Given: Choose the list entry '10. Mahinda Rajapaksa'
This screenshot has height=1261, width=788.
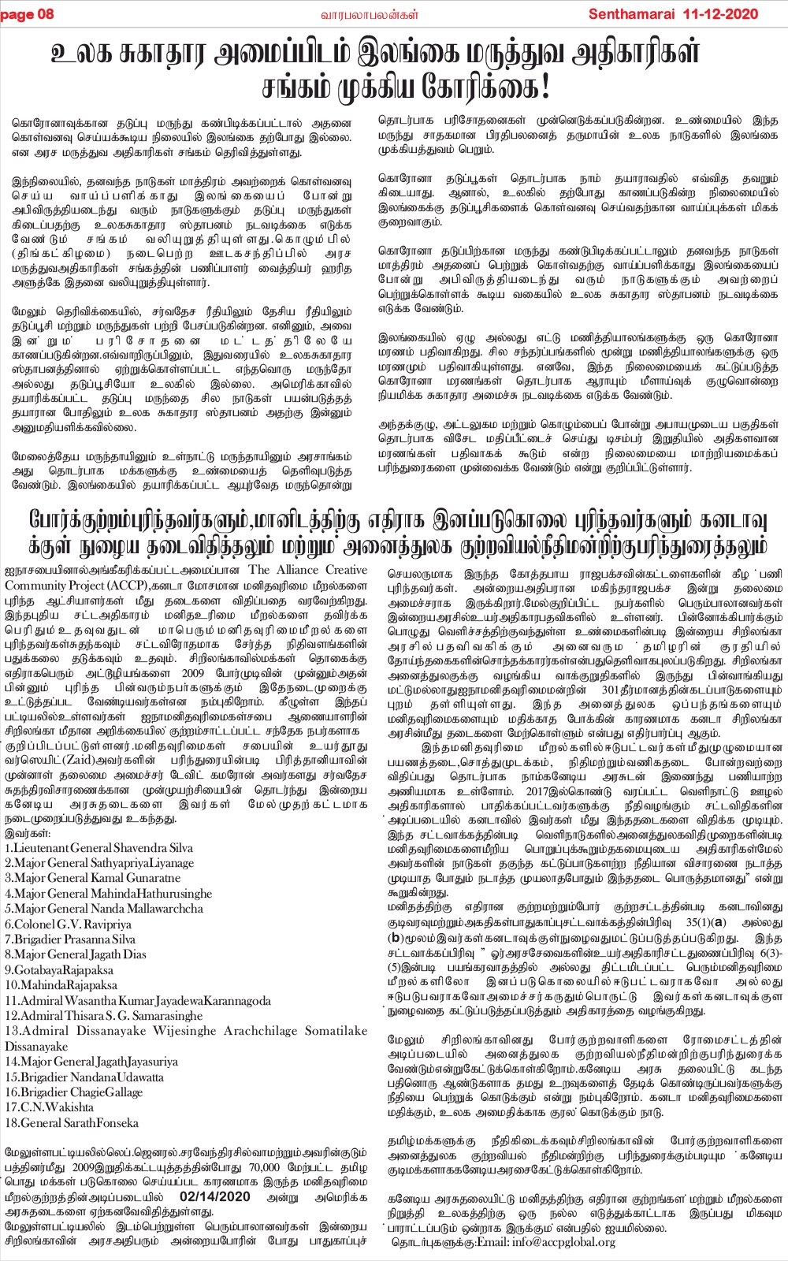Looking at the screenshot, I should [61, 986].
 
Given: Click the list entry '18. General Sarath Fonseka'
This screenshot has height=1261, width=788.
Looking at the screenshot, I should [71, 1123].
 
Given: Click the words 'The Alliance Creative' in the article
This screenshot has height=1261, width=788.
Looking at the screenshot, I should [307, 571].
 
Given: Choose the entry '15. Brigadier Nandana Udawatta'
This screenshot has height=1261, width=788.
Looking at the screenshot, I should [84, 1077].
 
